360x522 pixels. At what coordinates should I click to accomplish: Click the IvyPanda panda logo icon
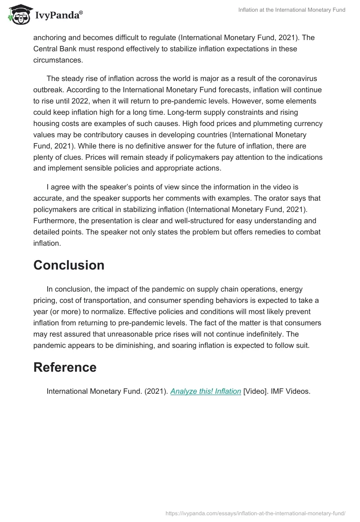18,14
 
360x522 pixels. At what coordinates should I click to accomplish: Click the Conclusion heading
69,265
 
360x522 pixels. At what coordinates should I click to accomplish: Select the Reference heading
65,367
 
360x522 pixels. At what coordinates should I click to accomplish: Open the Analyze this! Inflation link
206,391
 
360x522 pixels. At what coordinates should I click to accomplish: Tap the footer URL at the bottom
255,513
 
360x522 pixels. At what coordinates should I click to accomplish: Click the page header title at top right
292,10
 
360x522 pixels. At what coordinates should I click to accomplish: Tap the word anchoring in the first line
50,37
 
